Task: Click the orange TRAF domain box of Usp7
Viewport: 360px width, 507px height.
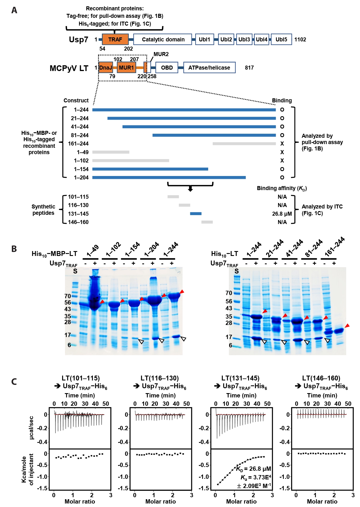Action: click(x=115, y=39)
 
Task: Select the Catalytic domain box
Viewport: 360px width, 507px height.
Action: click(x=163, y=39)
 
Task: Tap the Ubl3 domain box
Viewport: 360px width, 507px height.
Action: click(x=244, y=39)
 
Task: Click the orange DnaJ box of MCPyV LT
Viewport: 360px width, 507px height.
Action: click(x=106, y=68)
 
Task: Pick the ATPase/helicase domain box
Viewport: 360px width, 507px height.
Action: click(x=209, y=68)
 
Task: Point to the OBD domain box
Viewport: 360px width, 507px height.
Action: click(x=167, y=68)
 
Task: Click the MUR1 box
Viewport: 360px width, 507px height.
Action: click(x=126, y=68)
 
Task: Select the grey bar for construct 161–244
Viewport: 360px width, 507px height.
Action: click(x=244, y=144)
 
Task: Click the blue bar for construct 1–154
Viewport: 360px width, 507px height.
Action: click(x=150, y=169)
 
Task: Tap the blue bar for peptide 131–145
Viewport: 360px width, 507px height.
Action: click(x=196, y=214)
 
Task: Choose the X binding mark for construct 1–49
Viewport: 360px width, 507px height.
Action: click(x=282, y=152)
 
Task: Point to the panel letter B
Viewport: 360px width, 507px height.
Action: click(x=14, y=249)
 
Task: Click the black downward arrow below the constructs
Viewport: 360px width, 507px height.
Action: click(x=190, y=189)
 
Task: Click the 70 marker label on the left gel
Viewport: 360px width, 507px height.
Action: click(x=68, y=296)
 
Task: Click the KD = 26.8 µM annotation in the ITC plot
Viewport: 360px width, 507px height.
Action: click(x=253, y=469)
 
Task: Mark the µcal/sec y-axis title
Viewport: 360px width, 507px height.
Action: click(x=31, y=428)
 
